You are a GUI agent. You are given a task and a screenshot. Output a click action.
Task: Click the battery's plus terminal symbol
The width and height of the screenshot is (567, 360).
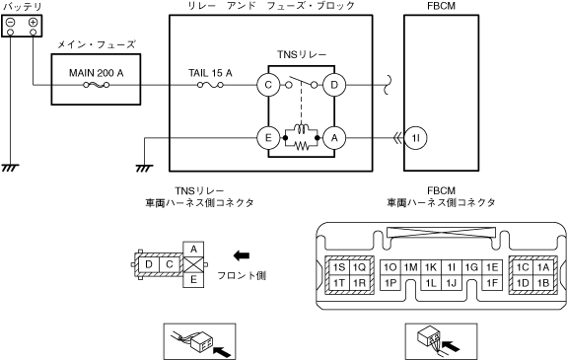pos(33,23)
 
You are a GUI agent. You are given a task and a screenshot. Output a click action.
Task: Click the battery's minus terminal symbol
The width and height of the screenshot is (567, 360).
pos(11,23)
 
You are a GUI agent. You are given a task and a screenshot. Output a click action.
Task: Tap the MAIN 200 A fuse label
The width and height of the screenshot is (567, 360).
pos(97,73)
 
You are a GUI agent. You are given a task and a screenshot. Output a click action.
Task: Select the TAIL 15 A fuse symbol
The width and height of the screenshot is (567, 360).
pos(210,85)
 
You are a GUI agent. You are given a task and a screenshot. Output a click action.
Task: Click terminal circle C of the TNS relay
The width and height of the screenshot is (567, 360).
pos(268,85)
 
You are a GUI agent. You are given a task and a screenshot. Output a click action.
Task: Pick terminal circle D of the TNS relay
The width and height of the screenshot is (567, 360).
pos(334,85)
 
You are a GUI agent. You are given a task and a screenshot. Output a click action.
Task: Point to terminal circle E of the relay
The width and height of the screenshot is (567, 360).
pos(268,138)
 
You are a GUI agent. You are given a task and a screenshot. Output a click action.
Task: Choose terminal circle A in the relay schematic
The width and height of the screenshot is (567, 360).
pos(334,138)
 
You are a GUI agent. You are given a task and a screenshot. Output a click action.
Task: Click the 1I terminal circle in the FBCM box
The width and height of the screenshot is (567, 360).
pos(415,138)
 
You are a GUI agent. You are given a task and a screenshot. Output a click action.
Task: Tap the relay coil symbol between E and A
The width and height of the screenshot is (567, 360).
pos(301,129)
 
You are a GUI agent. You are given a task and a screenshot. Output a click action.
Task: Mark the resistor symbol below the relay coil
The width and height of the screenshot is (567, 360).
pos(302,146)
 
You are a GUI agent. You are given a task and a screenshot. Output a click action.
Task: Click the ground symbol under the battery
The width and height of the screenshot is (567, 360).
pos(10,168)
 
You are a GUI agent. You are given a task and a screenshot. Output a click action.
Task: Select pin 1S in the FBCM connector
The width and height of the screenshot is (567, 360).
pos(339,267)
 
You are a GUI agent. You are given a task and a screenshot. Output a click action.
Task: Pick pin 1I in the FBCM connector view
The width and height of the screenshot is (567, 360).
pos(451,267)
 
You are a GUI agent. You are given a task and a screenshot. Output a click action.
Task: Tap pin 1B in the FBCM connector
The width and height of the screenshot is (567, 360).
pos(542,282)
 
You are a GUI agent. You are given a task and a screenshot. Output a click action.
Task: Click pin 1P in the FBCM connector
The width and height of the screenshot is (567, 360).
pos(390,282)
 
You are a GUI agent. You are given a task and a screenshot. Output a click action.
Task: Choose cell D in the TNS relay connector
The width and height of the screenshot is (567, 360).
pos(149,264)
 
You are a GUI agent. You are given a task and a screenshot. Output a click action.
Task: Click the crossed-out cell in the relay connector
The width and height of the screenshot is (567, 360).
pos(193,265)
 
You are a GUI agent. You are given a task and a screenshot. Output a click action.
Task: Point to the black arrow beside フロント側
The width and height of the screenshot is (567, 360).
pos(242,255)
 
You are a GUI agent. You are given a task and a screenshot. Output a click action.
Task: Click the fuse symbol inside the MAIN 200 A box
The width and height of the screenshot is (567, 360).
pos(97,85)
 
